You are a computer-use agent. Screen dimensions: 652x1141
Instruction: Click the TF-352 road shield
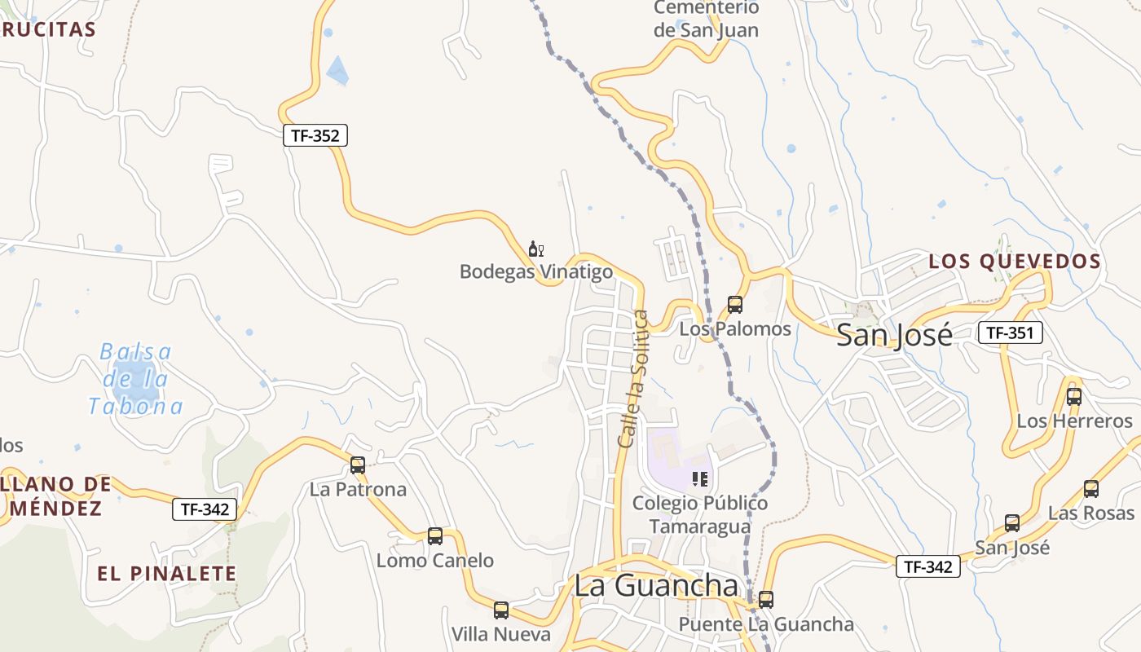(x=315, y=135)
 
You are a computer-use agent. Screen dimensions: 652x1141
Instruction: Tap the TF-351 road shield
(x=1010, y=332)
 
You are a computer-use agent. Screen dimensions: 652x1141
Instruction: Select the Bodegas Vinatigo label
(x=535, y=271)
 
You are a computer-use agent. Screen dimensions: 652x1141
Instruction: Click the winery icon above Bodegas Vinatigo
(x=535, y=249)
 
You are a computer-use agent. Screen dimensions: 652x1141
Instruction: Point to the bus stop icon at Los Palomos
(x=734, y=305)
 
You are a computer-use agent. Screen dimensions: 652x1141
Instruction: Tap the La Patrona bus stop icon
(x=357, y=465)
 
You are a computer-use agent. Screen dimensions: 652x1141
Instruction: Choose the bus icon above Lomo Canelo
(x=435, y=536)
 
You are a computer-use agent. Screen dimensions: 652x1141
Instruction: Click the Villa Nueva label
(x=500, y=634)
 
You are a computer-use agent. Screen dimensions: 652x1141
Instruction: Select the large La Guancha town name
(x=656, y=585)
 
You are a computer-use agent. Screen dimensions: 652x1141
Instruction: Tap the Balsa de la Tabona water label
(x=135, y=379)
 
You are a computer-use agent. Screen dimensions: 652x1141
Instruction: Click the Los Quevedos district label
(x=1015, y=262)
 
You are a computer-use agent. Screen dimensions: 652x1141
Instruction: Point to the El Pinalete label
(x=166, y=573)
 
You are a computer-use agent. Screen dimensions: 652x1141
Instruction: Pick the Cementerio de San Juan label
(x=706, y=19)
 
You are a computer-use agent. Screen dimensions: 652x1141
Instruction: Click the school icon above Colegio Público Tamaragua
(x=699, y=478)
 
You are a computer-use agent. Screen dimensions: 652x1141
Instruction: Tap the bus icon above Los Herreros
(x=1074, y=397)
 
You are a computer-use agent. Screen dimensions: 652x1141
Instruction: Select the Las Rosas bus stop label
(x=1090, y=513)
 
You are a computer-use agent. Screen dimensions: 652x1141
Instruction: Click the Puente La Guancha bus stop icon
(x=765, y=600)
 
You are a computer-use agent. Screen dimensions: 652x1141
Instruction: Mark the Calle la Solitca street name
(x=633, y=378)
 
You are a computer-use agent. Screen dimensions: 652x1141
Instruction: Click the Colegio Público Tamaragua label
(x=699, y=514)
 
